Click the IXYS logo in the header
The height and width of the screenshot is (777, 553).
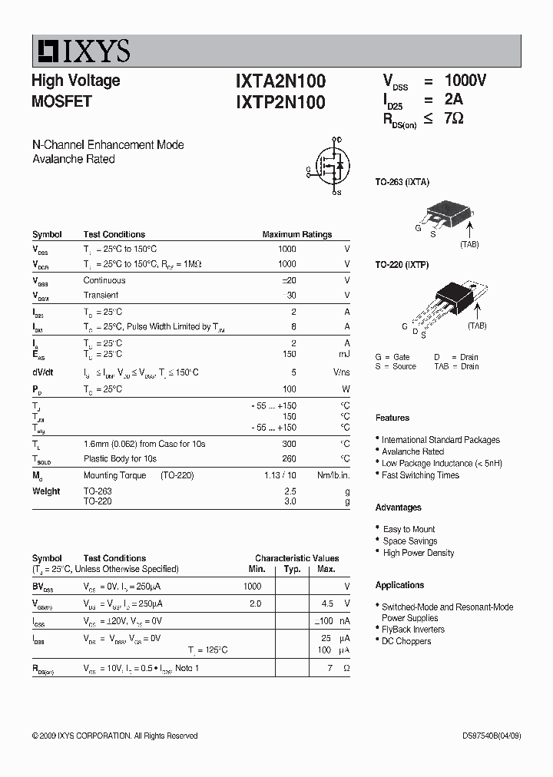(81, 51)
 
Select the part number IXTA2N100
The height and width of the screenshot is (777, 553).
(280, 81)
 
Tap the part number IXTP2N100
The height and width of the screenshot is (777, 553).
(280, 102)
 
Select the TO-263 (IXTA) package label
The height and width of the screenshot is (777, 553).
(402, 182)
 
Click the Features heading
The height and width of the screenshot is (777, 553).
(392, 418)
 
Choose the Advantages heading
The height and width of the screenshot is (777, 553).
(398, 508)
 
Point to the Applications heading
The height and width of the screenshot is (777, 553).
(399, 585)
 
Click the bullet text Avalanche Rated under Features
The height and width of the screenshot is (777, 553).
(412, 451)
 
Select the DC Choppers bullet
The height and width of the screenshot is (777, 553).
(406, 641)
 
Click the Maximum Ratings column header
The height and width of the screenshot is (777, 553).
(296, 234)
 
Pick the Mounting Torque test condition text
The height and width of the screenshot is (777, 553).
(114, 475)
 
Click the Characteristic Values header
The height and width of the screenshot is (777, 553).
(296, 558)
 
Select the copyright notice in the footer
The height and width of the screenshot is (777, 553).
(115, 736)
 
